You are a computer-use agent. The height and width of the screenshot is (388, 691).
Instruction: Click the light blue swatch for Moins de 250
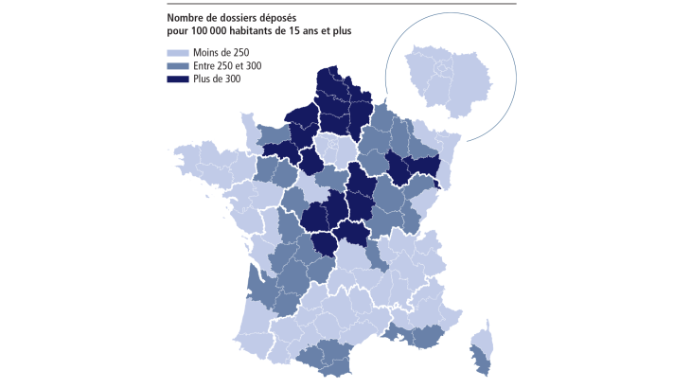pyautogui.click(x=175, y=53)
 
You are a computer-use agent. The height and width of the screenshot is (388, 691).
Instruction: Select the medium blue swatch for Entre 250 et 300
pyautogui.click(x=175, y=66)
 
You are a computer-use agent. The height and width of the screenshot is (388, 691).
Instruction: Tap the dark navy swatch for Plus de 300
pyautogui.click(x=175, y=79)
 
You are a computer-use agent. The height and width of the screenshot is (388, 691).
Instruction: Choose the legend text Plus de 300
pyautogui.click(x=217, y=79)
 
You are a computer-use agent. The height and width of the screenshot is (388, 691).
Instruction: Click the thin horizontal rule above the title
pyautogui.click(x=341, y=4)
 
